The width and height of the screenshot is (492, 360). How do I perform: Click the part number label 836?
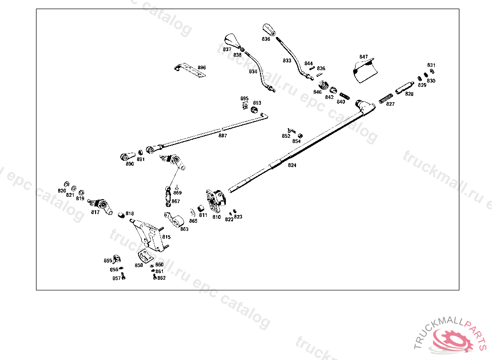point(266,39)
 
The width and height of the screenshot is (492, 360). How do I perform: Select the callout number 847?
point(363,57)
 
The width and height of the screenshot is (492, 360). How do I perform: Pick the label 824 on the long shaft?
point(292,165)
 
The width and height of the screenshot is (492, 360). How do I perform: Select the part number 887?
point(222,136)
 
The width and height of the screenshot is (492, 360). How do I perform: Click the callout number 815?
point(166,237)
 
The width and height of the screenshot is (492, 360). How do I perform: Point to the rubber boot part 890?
point(126,156)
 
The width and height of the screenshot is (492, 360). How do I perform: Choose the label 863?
point(184,229)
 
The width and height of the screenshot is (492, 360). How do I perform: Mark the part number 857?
point(116,278)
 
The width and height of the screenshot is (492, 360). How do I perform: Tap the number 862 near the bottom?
point(161,278)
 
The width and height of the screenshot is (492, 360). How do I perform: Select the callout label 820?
point(61,191)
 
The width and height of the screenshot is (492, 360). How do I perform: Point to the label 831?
point(431,65)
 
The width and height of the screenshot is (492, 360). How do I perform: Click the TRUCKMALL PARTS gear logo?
point(454,338)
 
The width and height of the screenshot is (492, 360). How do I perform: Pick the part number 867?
point(176,201)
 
